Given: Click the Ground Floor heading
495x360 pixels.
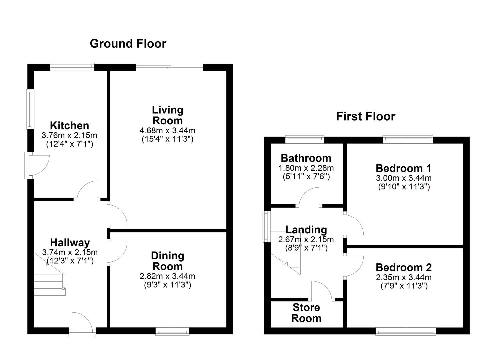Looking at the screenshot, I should [128, 44].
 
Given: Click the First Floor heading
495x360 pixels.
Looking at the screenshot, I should [365, 116].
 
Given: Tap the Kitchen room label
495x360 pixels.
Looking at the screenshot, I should [69, 126].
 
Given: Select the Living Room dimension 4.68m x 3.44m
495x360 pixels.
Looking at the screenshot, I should [167, 130].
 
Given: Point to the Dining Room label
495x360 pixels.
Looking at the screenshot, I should [167, 261].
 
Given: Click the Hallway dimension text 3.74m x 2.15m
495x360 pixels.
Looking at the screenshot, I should [70, 252].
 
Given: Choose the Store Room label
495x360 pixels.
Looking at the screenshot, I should [306, 313].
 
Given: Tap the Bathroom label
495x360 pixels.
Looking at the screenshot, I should [306, 158].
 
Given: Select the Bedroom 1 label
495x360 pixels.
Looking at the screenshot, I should [403, 168].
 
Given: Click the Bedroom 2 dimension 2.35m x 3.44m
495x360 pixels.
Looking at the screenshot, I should [404, 277].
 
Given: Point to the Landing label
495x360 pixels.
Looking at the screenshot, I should [306, 230].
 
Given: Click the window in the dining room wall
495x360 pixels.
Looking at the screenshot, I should [172, 331].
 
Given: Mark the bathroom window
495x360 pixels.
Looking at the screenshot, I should [305, 140].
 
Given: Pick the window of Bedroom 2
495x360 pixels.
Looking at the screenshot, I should [406, 331].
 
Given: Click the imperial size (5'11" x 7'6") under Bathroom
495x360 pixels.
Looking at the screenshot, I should [306, 176].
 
